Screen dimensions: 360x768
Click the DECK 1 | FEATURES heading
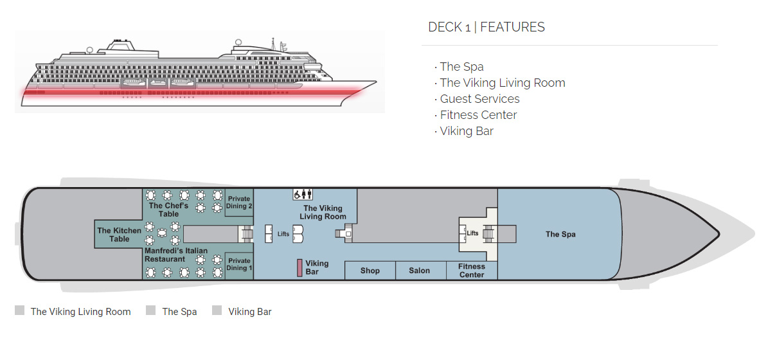pos(487,27)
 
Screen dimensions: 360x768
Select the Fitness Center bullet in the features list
pos(478,115)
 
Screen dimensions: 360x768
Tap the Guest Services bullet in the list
pos(479,99)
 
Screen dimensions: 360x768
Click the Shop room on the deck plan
pos(370,271)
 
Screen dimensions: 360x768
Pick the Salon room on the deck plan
pos(420,271)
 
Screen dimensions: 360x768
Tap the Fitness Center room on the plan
pos(472,270)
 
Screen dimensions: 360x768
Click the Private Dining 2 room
pos(239,203)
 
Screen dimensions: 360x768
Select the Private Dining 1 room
pos(239,265)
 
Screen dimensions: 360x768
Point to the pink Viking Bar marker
pos(299,267)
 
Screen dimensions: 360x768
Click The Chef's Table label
pos(168,210)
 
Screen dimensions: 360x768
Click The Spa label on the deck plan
pos(560,235)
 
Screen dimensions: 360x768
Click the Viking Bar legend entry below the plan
pos(249,312)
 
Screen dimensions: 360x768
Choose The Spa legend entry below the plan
pos(179,312)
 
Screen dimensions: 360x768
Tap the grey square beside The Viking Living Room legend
pos(20,311)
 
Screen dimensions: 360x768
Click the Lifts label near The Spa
pos(473,233)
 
